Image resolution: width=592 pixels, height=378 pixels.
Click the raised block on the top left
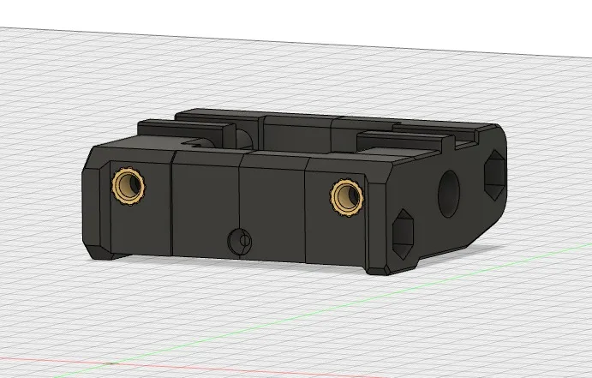[184, 135]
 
